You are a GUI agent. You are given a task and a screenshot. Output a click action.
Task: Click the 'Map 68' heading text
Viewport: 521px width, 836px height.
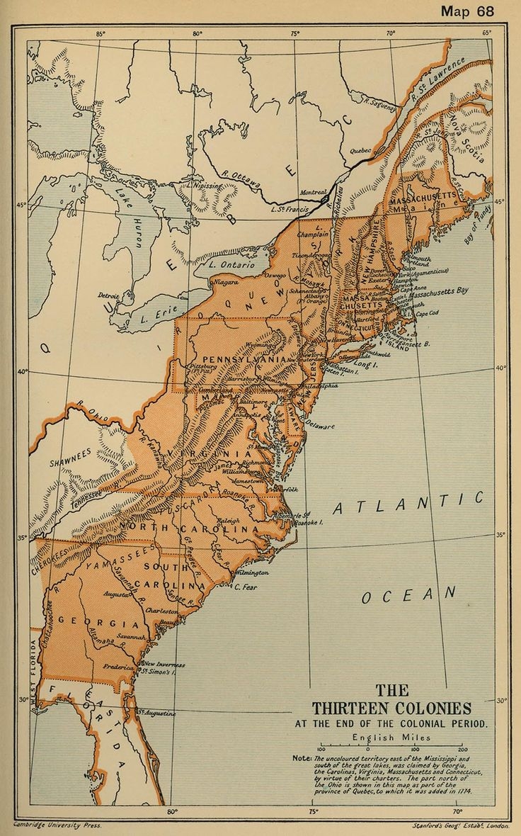[469, 11]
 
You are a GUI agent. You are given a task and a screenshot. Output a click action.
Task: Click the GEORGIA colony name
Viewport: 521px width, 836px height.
[98, 623]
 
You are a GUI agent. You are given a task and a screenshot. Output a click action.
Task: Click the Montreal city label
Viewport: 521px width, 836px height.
[314, 192]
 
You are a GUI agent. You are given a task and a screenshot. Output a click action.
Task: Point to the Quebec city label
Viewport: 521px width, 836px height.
[361, 151]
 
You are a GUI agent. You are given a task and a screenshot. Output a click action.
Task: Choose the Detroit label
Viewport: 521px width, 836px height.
[108, 295]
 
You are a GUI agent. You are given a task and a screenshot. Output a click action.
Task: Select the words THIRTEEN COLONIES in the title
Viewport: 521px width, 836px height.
[391, 708]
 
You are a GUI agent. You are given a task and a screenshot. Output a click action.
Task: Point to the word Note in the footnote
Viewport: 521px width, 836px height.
[302, 757]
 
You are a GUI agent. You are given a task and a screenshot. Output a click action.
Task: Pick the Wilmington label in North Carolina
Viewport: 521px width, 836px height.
[252, 572]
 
